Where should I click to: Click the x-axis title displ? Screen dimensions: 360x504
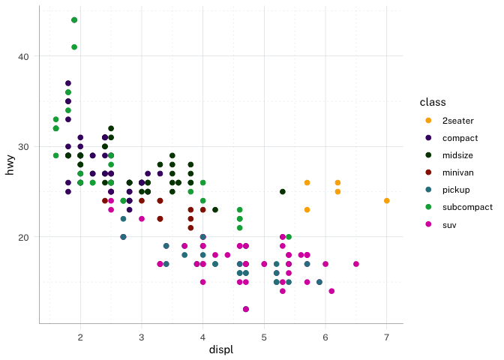(x=220, y=350)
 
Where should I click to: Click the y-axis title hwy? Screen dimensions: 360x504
(x=10, y=164)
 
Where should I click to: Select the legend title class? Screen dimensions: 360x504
(x=433, y=101)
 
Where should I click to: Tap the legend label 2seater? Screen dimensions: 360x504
(x=457, y=121)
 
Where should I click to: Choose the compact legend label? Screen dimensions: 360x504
(x=460, y=138)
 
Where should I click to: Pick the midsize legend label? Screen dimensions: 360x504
(x=458, y=155)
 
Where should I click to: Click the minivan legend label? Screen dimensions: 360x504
(x=458, y=172)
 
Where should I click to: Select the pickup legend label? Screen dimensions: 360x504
(x=456, y=190)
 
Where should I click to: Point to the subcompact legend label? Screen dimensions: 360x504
(x=467, y=207)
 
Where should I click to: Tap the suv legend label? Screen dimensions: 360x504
(x=450, y=224)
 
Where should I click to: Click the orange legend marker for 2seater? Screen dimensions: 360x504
(x=428, y=121)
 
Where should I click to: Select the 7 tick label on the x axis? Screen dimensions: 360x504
(x=386, y=337)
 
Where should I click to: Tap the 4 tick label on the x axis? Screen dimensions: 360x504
(x=202, y=337)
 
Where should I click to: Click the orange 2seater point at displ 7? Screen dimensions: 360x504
(x=386, y=201)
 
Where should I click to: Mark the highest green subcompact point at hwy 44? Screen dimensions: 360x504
(x=74, y=20)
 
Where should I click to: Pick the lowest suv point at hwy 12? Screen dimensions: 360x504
(x=245, y=309)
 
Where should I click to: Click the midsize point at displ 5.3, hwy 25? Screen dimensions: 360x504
(x=282, y=192)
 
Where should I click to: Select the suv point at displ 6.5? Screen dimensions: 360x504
(x=355, y=264)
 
